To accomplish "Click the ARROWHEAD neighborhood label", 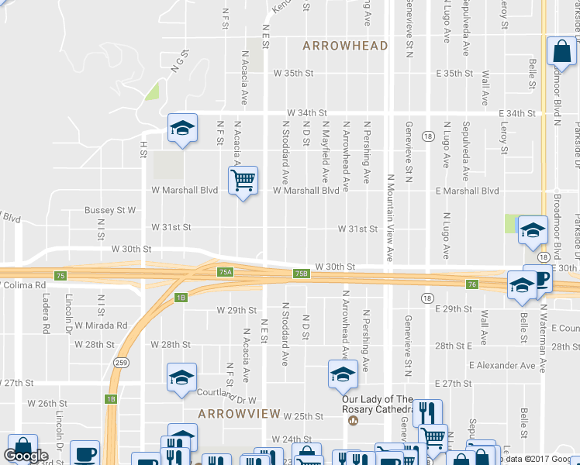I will (x=345, y=46).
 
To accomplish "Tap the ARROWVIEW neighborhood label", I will (x=238, y=414).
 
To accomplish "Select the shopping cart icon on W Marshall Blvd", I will (x=243, y=181).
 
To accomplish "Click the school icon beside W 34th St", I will (x=182, y=129).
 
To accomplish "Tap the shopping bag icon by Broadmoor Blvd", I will (x=561, y=52).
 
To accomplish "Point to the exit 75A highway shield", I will (x=226, y=272).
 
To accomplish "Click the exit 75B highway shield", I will (x=302, y=274).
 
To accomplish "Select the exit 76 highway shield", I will (x=471, y=284).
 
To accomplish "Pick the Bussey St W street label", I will (x=110, y=210).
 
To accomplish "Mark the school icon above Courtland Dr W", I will (x=182, y=378).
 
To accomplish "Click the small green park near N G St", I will (x=152, y=91).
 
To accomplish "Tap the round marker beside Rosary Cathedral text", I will (x=354, y=421).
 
